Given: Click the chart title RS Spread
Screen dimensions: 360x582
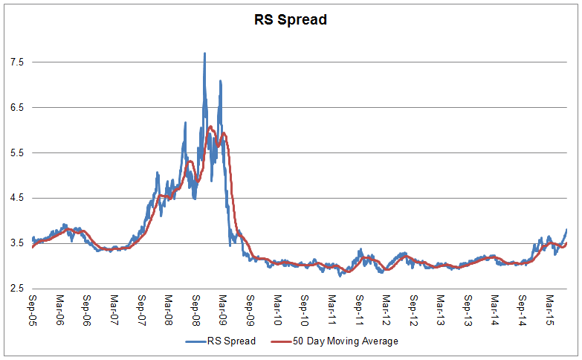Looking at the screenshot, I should pos(290,19).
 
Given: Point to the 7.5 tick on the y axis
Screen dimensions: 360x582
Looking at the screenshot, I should pos(16,62).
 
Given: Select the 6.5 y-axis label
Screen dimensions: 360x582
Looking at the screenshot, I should pos(16,108).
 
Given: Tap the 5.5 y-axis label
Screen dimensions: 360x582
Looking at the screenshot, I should pos(16,153).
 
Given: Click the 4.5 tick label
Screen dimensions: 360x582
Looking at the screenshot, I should pos(16,199).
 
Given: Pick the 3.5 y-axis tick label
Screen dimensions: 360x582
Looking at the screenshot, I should pos(16,243).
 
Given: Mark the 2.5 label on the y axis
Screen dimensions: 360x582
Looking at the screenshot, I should pos(16,289).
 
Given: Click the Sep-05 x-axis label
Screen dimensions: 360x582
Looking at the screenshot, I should pos(33,310).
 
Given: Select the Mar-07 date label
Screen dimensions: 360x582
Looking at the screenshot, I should pos(114,310).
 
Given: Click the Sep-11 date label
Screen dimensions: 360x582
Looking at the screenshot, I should pos(359,310).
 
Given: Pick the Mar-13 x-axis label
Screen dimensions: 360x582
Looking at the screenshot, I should pos(440,310).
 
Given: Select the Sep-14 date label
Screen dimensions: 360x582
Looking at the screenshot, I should pos(522,310).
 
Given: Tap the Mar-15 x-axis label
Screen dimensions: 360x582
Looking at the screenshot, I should pos(549,310).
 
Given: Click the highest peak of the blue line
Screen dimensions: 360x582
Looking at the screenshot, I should pos(204,54).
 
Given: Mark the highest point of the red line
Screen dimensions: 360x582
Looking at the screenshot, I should pos(211,127).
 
